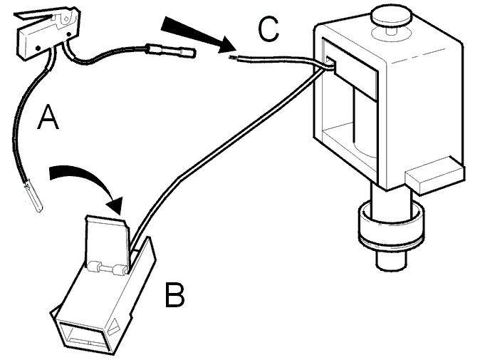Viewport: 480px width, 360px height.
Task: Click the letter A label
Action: [x=48, y=117]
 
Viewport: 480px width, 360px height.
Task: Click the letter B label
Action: [x=174, y=294]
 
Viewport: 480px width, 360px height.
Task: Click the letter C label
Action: [x=268, y=29]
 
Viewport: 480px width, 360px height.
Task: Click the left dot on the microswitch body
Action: [x=38, y=48]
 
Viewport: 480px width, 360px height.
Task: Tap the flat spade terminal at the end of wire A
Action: [x=34, y=197]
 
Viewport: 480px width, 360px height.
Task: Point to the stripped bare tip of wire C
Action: [x=232, y=57]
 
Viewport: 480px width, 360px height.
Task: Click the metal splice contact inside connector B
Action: [x=107, y=268]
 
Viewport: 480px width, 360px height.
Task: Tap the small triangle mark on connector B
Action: [x=114, y=327]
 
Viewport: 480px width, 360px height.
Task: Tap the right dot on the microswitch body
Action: [x=68, y=34]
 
